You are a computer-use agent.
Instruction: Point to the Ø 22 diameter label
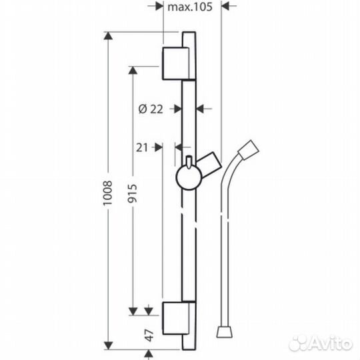coord(151,110)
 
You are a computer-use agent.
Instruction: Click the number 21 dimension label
coord(141,148)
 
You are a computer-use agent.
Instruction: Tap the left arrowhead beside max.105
coord(159,7)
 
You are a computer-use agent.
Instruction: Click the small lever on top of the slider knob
coord(191,162)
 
